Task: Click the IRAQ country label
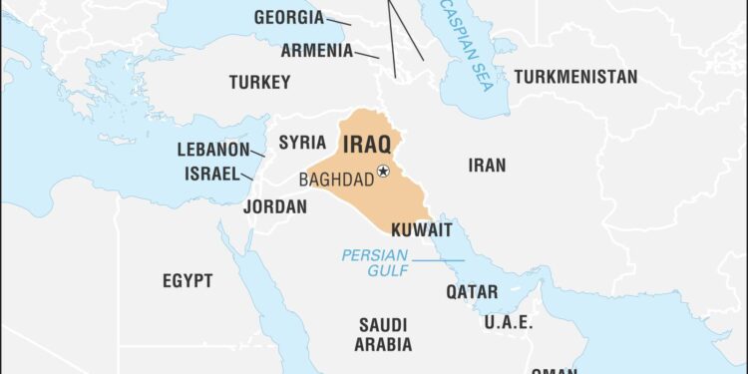[x=366, y=145]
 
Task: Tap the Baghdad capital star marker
[x=382, y=173]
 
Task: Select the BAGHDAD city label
[x=336, y=180]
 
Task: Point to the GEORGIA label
[x=288, y=18]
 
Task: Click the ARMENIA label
[x=316, y=50]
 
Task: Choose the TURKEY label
[x=259, y=82]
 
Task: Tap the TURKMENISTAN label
[x=575, y=77]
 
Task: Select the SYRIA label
[x=302, y=142]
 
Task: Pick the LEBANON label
[x=212, y=150]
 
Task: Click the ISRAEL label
[x=212, y=174]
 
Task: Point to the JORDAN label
[x=274, y=206]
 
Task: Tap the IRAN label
[x=487, y=166]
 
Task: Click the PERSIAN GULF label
[x=375, y=261]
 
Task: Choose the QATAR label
[x=472, y=292]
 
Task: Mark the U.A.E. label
[x=509, y=323]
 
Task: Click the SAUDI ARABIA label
[x=383, y=334]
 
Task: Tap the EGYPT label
[x=187, y=281]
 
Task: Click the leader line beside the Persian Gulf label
[x=439, y=261]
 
